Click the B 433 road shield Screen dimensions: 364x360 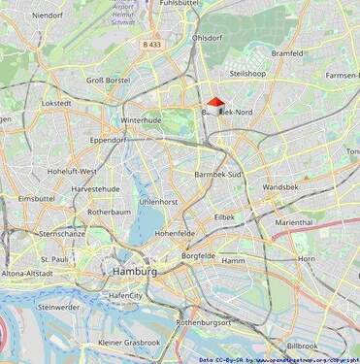point(150,45)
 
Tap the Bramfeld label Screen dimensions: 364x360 point(288,53)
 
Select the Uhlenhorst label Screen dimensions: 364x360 point(159,201)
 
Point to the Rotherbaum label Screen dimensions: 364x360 point(109,211)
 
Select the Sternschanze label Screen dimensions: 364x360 point(63,234)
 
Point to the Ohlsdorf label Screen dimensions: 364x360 point(209,38)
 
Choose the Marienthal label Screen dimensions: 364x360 point(293,222)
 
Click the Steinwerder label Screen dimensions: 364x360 point(58,307)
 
